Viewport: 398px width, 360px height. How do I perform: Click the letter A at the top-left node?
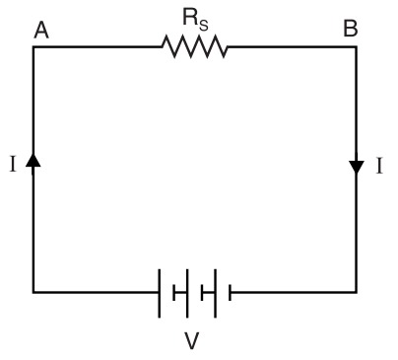[41, 31]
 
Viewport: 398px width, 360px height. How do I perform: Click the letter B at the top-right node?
[350, 31]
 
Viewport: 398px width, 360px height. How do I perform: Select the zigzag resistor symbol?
[195, 46]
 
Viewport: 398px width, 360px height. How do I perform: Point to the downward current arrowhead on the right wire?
[357, 167]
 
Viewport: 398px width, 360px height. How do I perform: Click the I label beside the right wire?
[378, 166]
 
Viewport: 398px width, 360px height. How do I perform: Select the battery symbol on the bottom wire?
[195, 292]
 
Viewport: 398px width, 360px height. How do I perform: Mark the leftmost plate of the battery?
[161, 292]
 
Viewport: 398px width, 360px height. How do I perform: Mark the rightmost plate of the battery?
[230, 292]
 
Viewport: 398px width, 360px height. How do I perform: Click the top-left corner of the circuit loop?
[33, 46]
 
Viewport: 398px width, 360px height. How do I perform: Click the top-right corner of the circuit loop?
[357, 46]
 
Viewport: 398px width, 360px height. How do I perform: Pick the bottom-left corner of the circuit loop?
[33, 292]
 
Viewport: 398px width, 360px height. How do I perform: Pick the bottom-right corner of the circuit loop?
[357, 292]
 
